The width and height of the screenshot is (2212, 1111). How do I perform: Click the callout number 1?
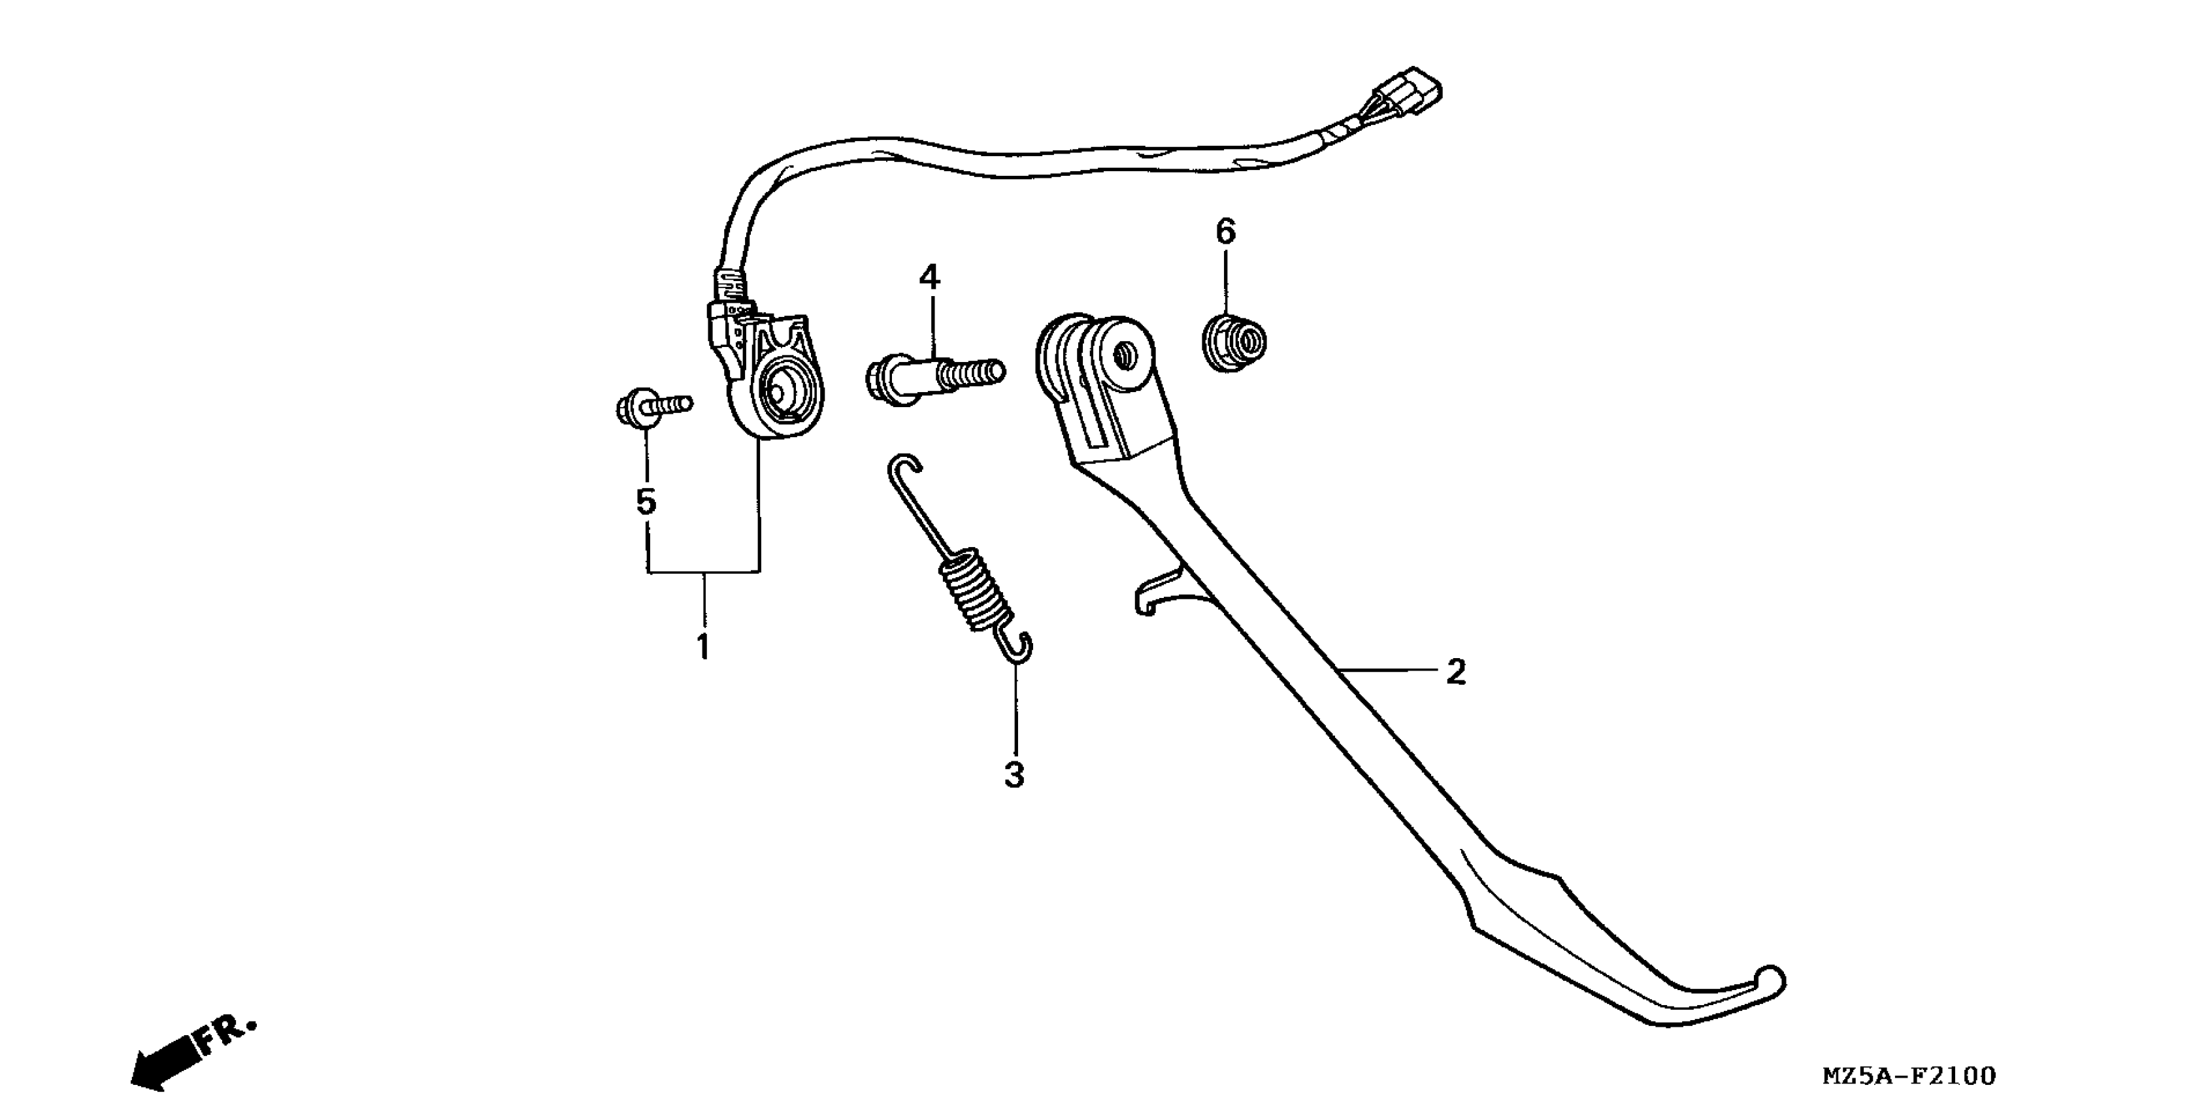[x=703, y=646]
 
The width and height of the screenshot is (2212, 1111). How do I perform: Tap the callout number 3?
[x=1014, y=774]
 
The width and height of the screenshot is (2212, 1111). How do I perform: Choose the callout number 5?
[x=646, y=501]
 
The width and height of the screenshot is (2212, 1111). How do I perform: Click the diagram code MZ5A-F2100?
[x=1909, y=1076]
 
